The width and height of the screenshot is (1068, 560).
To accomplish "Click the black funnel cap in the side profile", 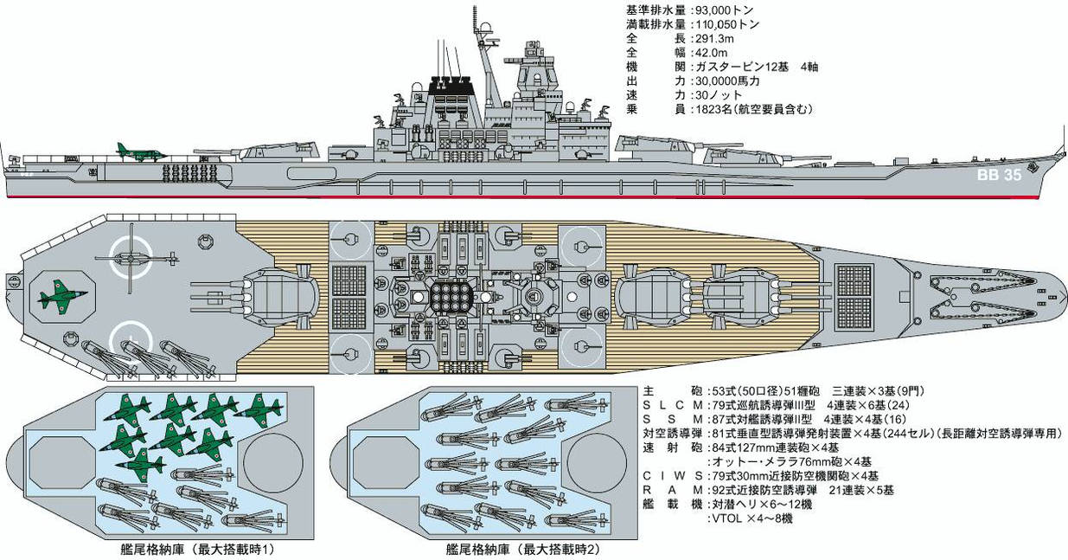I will coord(452,85).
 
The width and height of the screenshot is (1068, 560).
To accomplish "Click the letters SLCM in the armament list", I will coord(669,404).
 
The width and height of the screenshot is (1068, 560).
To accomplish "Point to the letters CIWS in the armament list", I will coord(669,475).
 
